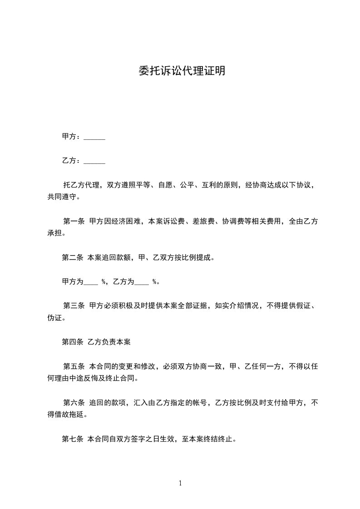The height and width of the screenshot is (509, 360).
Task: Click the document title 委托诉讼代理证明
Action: click(182, 72)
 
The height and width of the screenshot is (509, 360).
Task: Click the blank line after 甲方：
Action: click(94, 137)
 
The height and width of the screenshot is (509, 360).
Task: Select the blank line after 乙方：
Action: click(94, 161)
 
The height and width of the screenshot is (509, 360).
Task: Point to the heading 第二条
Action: click(72, 258)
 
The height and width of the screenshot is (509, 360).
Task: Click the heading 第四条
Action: click(72, 342)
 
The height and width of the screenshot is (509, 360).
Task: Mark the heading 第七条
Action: click(72, 439)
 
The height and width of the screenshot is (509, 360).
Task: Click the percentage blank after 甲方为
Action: click(91, 282)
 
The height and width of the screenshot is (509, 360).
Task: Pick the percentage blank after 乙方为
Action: click(142, 282)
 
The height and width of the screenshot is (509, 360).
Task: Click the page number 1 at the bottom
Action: click(180, 483)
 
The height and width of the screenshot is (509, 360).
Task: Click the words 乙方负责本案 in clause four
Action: click(109, 342)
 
